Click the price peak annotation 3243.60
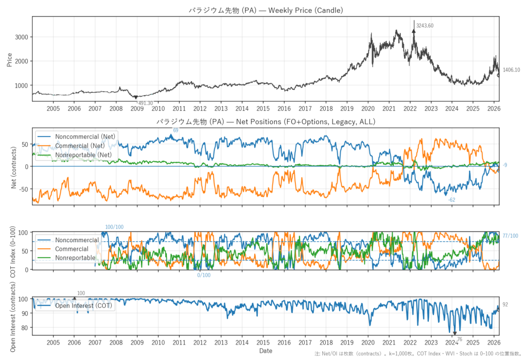[425, 26]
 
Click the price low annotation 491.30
[145, 103]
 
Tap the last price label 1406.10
[511, 70]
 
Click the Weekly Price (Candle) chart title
[266, 10]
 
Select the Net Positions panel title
[266, 122]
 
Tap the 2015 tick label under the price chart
[263, 109]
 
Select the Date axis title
[266, 351]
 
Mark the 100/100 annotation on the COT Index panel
[114, 227]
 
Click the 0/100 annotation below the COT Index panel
[204, 275]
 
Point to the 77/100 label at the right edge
[510, 236]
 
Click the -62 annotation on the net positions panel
[451, 200]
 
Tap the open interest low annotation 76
[459, 339]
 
